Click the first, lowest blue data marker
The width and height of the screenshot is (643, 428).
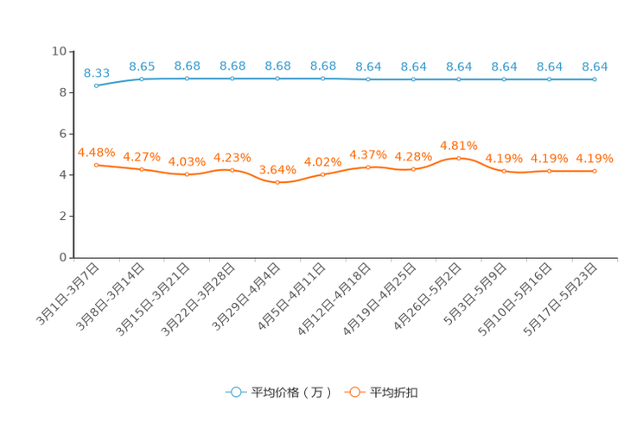(x=96, y=85)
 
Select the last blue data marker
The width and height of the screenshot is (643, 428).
(x=595, y=79)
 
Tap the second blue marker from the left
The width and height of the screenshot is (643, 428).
(x=141, y=79)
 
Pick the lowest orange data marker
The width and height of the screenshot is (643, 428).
(x=277, y=183)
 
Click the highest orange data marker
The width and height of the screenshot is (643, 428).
(x=458, y=158)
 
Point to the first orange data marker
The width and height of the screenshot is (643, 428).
(x=96, y=164)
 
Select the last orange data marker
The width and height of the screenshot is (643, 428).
(x=595, y=172)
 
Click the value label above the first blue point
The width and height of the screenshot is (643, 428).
(x=96, y=72)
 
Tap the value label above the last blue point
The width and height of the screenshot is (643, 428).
(x=595, y=66)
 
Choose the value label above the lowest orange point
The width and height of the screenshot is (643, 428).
(x=277, y=169)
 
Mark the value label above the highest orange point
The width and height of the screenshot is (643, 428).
(x=458, y=145)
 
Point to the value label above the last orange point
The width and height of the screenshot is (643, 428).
(x=595, y=158)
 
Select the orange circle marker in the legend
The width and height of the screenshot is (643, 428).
(x=354, y=392)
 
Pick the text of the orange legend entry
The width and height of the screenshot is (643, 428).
(x=395, y=393)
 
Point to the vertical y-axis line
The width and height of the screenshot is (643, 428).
(x=73, y=155)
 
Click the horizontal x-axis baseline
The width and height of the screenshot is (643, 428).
(x=346, y=257)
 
